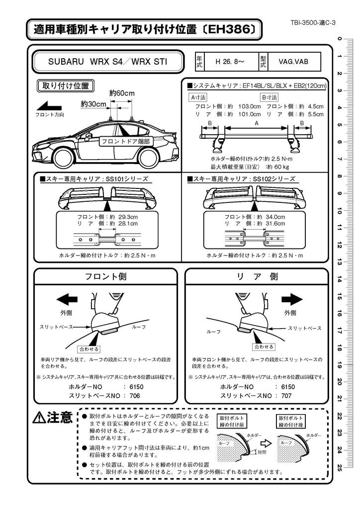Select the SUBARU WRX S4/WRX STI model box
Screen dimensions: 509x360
[107, 62]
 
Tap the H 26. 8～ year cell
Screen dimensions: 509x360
[229, 62]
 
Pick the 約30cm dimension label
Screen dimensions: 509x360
[93, 104]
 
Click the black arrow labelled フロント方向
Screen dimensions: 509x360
[49, 105]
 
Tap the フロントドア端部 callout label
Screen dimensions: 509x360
[125, 142]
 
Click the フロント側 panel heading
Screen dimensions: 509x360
[105, 277]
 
